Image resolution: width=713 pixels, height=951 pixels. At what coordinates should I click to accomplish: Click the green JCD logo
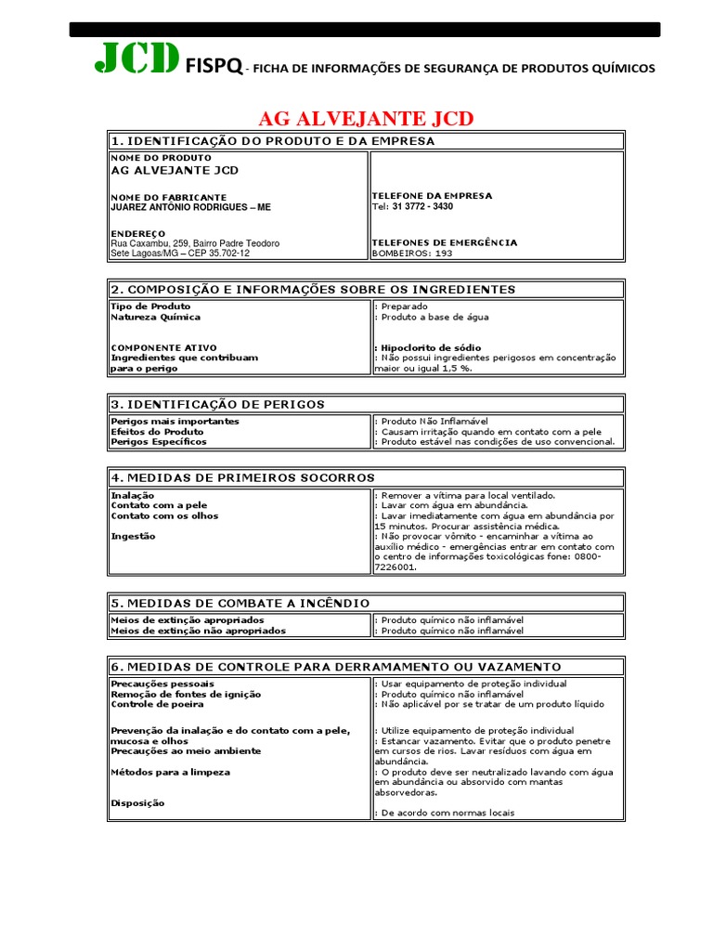(x=136, y=60)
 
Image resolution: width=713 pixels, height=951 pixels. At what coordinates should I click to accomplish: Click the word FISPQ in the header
(x=214, y=67)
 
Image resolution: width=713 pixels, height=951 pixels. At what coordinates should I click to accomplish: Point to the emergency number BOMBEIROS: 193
(x=412, y=253)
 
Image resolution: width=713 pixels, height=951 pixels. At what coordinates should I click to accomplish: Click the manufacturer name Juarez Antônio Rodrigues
(x=190, y=207)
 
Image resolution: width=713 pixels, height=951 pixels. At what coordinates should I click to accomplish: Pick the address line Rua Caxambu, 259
(x=195, y=243)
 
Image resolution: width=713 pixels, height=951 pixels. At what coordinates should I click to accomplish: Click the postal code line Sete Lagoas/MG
(x=180, y=253)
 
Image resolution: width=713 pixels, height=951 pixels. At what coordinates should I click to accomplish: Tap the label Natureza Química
(x=155, y=317)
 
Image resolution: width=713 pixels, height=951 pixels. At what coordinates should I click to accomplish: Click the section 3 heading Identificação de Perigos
(x=217, y=404)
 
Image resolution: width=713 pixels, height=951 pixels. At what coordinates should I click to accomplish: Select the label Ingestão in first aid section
(x=134, y=536)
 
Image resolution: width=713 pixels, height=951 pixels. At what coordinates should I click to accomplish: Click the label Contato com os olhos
(x=165, y=515)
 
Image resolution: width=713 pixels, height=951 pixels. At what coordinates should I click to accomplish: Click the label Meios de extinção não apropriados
(x=198, y=631)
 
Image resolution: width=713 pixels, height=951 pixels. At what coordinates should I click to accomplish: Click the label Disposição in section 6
(x=137, y=803)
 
